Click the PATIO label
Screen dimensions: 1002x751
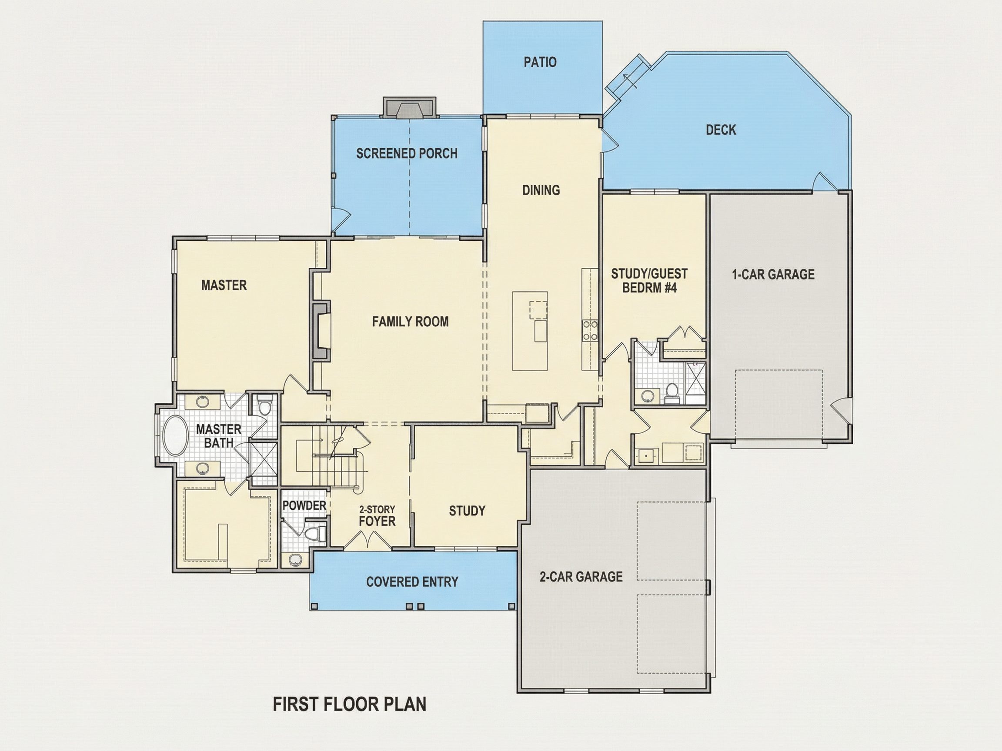click(x=540, y=62)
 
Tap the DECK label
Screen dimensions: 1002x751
click(x=721, y=130)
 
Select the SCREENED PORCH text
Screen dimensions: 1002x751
click(x=407, y=153)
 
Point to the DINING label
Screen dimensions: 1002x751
click(x=541, y=190)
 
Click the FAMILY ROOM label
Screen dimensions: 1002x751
click(x=411, y=322)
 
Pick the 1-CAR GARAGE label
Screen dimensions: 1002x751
click(x=773, y=274)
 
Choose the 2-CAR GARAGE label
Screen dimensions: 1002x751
click(x=581, y=577)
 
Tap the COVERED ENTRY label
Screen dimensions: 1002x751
click(x=412, y=582)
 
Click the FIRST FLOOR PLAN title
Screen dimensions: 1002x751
click(x=349, y=704)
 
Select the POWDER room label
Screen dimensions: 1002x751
click(x=304, y=505)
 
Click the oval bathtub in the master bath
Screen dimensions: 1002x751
click(x=175, y=436)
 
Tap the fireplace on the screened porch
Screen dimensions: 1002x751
click(x=410, y=108)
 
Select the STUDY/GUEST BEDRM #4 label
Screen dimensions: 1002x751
click(x=649, y=281)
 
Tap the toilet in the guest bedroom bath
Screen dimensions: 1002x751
click(x=672, y=393)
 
